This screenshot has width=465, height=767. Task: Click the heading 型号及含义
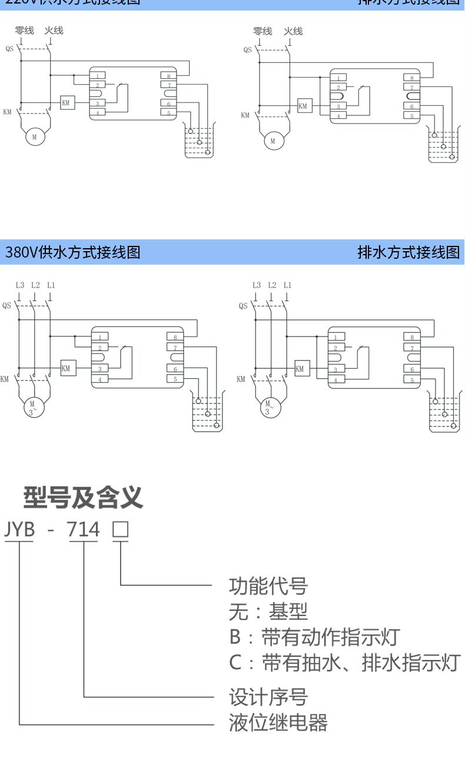[x=83, y=498]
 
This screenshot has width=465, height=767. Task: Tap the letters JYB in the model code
[x=19, y=529]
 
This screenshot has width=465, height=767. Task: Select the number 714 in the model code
[x=84, y=529]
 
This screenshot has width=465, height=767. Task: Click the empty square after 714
[x=120, y=530]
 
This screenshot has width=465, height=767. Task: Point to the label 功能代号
[x=268, y=586]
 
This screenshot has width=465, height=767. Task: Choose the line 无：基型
[x=268, y=612]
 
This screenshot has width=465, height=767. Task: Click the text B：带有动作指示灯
[x=314, y=637]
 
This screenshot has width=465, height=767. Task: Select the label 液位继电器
[x=278, y=722]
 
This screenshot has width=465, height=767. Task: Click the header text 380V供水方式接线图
[x=73, y=253]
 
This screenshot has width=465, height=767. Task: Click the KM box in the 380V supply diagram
[x=65, y=368]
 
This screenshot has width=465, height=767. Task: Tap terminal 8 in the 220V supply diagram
[x=168, y=76]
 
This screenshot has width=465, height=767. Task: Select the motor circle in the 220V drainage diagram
[x=273, y=141]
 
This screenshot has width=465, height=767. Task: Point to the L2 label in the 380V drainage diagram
[x=272, y=285]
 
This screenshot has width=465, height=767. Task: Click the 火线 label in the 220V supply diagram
[x=54, y=31]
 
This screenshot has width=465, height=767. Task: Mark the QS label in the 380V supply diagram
[x=6, y=305]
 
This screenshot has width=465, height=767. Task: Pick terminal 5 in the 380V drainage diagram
[x=412, y=380]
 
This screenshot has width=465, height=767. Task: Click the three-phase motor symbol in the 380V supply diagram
[x=33, y=407]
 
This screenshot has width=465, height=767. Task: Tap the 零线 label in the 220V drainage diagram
[x=263, y=31]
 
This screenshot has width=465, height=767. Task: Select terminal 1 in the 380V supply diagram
[x=100, y=337]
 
